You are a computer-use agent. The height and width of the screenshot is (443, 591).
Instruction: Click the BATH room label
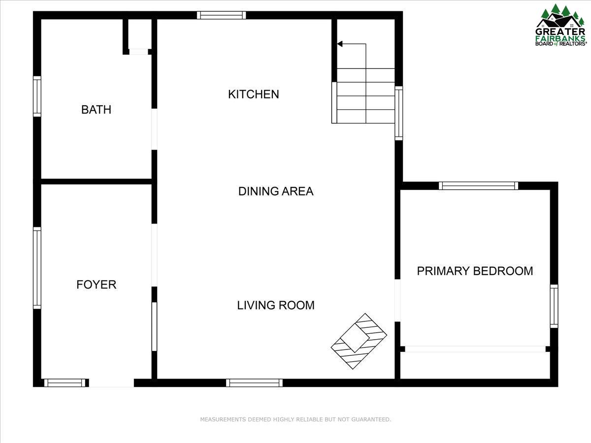tap(96, 109)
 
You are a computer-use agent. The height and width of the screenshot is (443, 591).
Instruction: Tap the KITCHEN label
tap(253, 95)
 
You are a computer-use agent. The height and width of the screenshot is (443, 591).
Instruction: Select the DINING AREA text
tap(276, 191)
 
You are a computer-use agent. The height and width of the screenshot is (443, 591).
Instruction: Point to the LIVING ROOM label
tap(276, 305)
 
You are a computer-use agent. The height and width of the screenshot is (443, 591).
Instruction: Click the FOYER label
tap(96, 285)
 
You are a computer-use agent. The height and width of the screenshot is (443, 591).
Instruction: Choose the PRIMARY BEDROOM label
tap(475, 271)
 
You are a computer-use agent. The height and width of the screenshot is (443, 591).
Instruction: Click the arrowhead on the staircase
tap(340, 44)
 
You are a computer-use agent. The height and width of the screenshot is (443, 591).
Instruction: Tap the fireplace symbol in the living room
tap(359, 341)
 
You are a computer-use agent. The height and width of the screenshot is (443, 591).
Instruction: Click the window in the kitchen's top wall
tap(221, 15)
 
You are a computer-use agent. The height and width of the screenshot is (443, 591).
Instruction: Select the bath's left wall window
tap(37, 96)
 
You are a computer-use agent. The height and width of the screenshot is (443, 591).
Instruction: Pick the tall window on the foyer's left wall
tap(37, 268)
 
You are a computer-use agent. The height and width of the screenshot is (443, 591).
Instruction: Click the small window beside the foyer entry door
tap(65, 383)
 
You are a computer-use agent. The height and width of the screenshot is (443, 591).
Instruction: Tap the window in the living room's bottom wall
tap(254, 383)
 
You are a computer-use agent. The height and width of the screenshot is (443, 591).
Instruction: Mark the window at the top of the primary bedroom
tap(478, 186)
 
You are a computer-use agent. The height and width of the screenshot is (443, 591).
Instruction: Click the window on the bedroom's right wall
tap(554, 306)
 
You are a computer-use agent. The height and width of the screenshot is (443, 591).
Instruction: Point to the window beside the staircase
tap(399, 113)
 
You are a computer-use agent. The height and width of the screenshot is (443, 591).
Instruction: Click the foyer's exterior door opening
tap(111, 383)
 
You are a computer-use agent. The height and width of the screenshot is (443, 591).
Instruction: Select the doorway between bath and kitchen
tap(154, 129)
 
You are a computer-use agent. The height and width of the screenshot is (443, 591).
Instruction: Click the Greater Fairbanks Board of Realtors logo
tap(561, 25)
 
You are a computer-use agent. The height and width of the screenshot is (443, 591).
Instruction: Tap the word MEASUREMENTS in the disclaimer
tap(223, 419)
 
